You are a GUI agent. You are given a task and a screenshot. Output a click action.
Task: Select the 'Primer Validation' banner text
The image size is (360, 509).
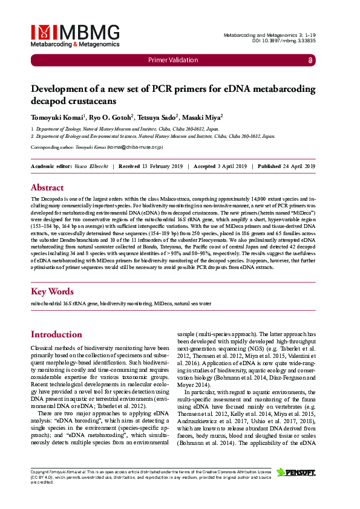tap(173, 60)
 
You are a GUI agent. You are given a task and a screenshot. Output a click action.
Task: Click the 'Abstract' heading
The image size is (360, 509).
tap(47, 187)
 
